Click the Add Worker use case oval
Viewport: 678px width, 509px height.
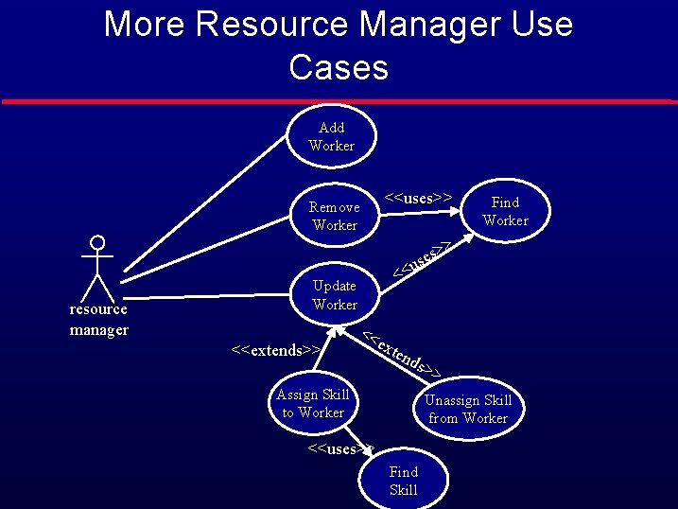tap(332, 136)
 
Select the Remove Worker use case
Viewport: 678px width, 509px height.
tap(335, 216)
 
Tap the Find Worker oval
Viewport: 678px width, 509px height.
tap(505, 211)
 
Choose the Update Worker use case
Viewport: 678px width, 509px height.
tap(335, 294)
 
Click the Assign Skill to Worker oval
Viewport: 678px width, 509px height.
tap(313, 404)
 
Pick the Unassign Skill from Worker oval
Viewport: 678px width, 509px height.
tap(468, 409)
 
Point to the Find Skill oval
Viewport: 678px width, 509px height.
tap(403, 481)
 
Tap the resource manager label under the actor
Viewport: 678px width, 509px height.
tap(98, 320)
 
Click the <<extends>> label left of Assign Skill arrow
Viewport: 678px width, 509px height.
tap(274, 351)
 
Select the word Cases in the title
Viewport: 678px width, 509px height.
tap(339, 67)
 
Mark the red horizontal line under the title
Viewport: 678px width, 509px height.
tap(339, 100)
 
